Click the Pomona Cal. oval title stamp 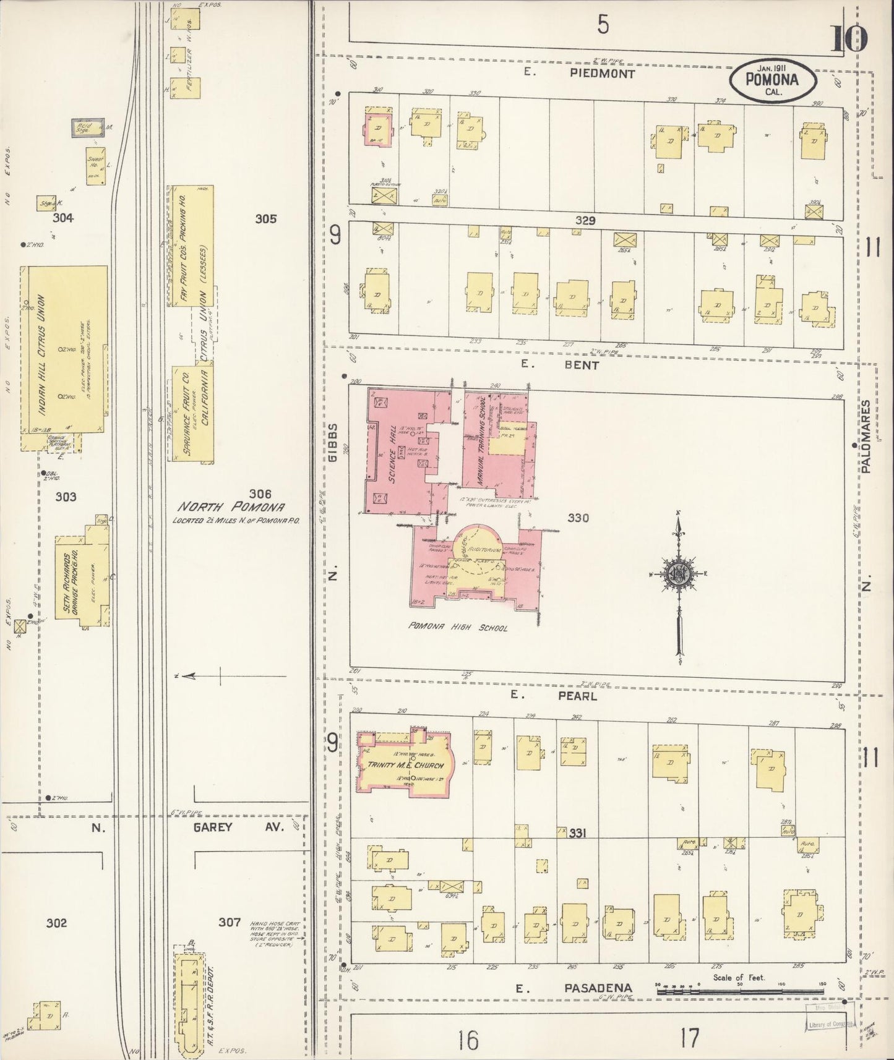(772, 80)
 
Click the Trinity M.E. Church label (406, 765)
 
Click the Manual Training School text (483, 440)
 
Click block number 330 (578, 518)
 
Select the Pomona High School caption (458, 627)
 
